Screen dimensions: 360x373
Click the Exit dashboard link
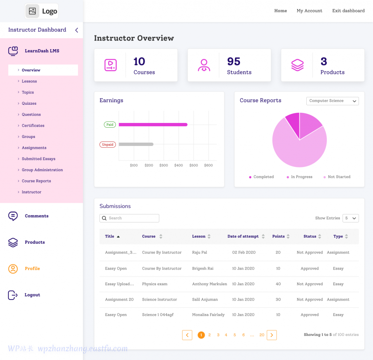point(348,11)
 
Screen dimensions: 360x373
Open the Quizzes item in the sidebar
point(29,104)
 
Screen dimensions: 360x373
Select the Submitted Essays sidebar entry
point(38,159)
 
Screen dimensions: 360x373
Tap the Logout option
point(32,295)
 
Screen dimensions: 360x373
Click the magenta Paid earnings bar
point(153,125)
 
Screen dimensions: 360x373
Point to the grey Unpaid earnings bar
point(136,144)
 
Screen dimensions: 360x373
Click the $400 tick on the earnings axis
point(178,166)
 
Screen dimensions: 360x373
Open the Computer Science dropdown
point(333,101)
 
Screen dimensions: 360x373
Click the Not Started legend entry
point(339,177)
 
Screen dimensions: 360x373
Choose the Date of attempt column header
point(243,236)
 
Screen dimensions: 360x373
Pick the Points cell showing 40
point(278,284)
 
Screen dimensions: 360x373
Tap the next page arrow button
point(272,335)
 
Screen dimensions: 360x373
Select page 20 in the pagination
point(262,335)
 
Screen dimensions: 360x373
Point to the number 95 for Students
point(233,62)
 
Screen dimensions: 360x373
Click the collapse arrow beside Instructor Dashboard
point(76,30)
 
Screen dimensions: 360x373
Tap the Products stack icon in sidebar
point(13,243)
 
